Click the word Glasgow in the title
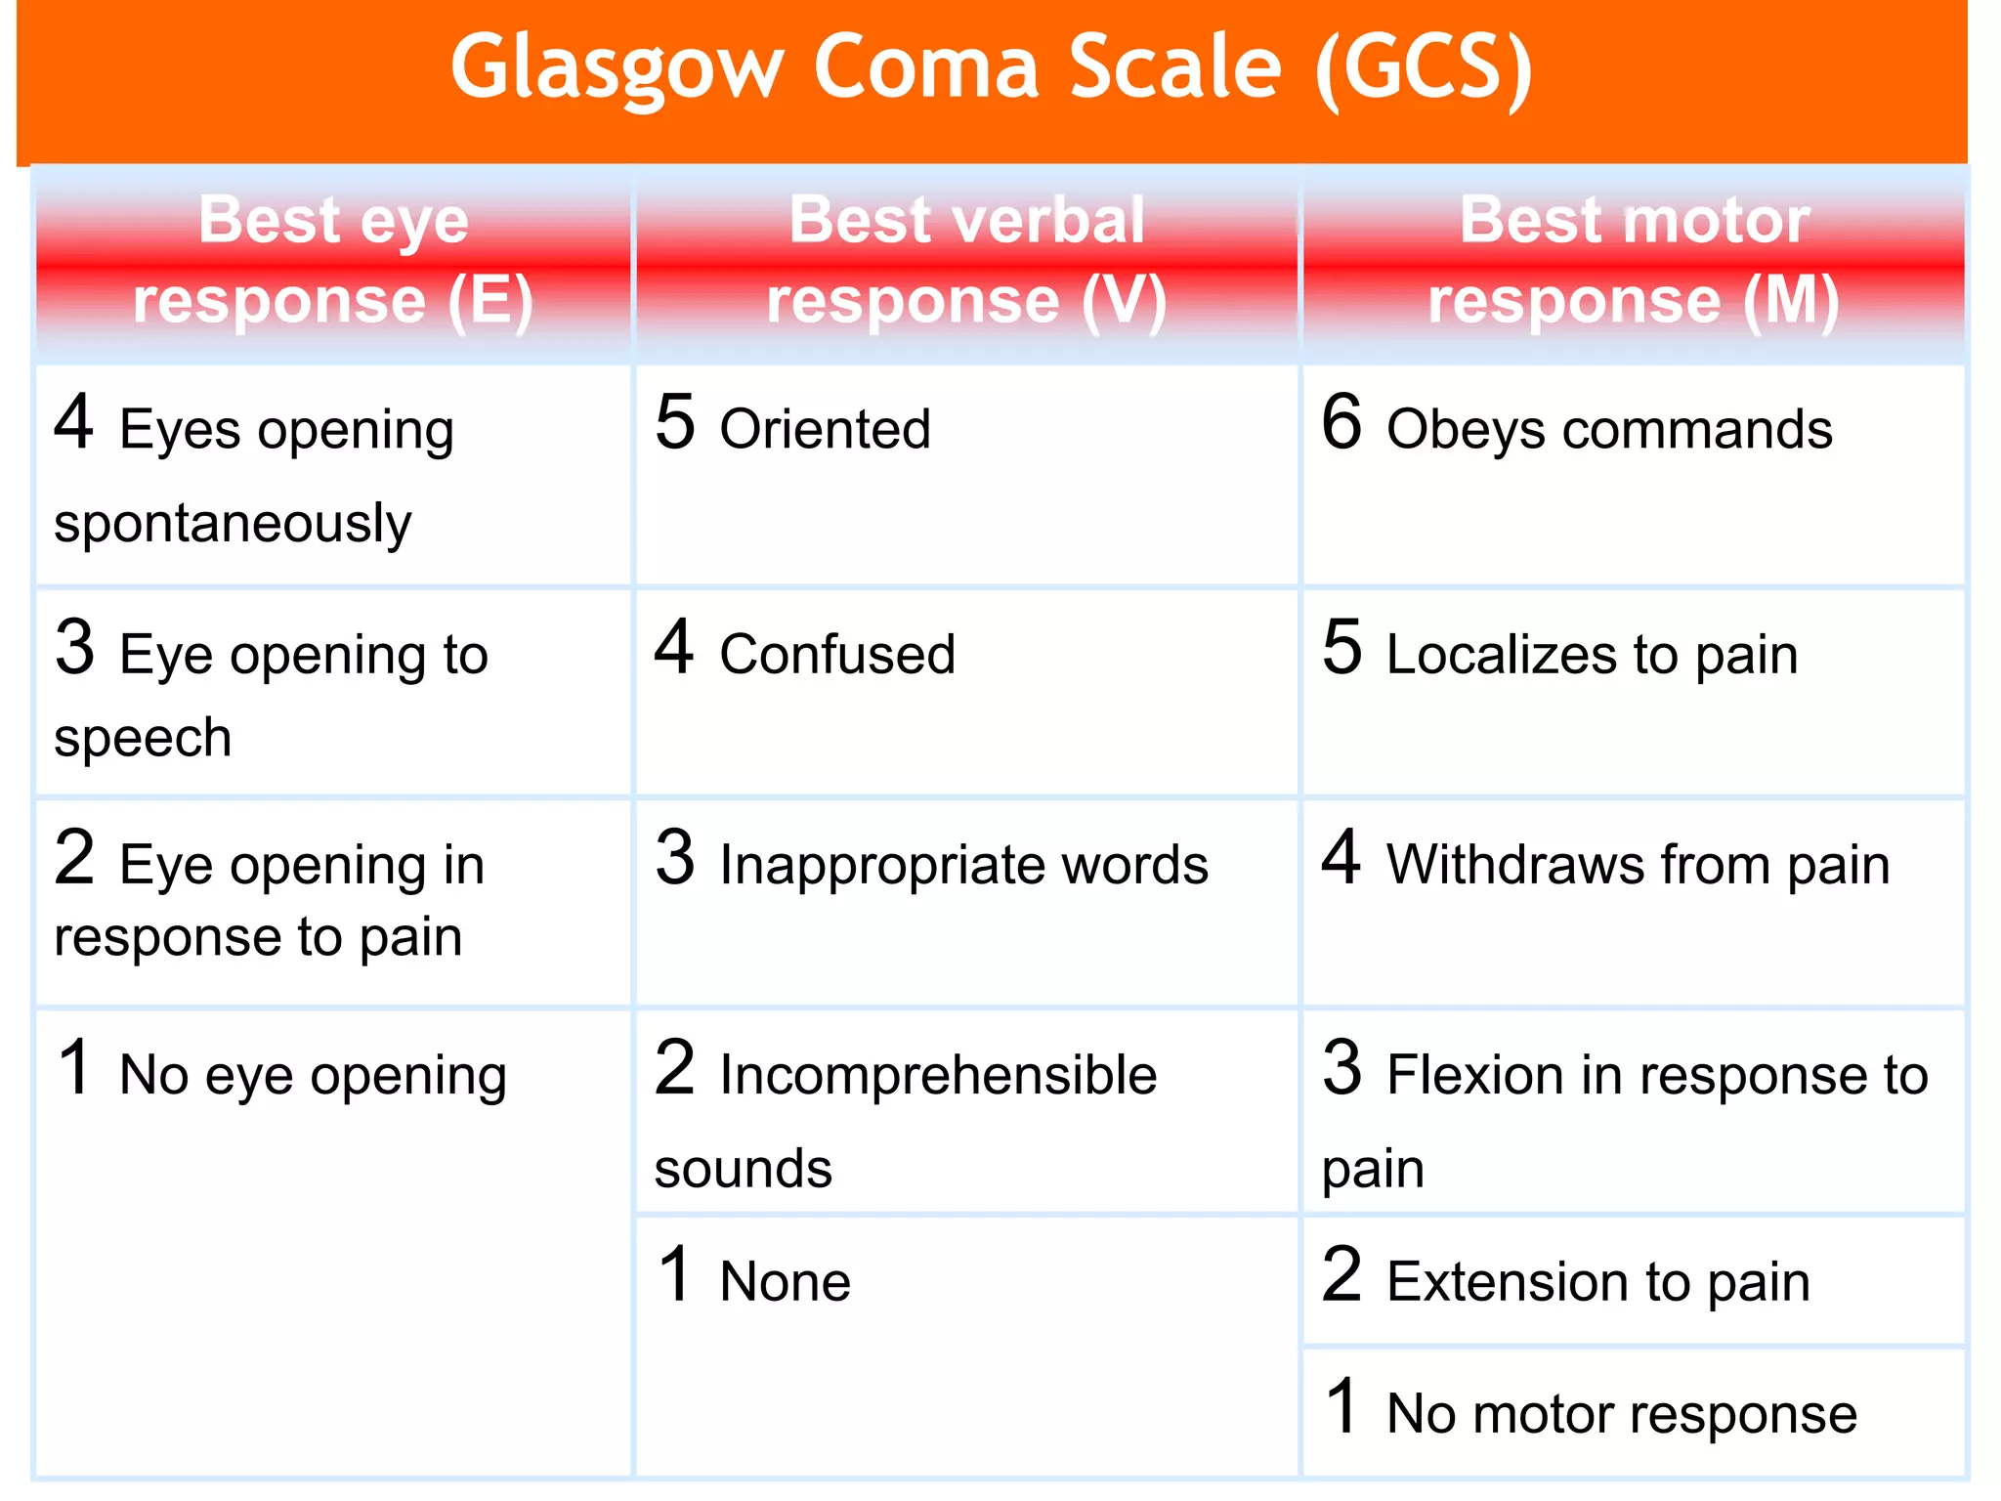[617, 68]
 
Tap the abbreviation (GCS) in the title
[1425, 68]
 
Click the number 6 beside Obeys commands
[1341, 422]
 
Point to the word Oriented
[825, 430]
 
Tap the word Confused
[837, 655]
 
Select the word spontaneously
[233, 524]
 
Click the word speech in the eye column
[143, 738]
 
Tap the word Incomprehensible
[938, 1075]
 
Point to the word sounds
[743, 1169]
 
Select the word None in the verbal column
[785, 1282]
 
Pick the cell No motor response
[1634, 1413]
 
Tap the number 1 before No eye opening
[74, 1067]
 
